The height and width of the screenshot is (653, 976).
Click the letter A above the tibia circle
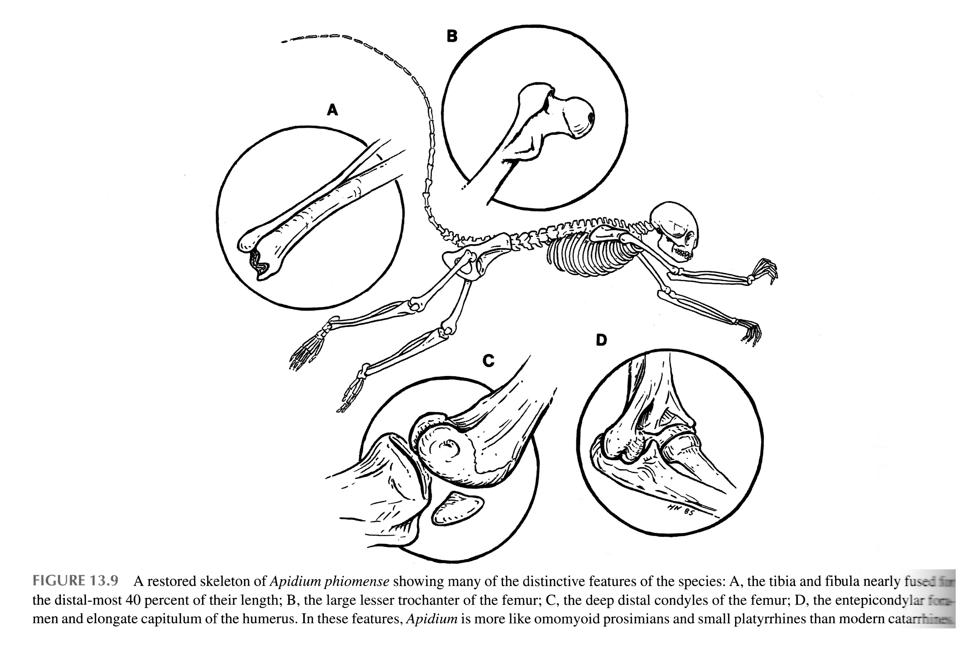click(x=332, y=110)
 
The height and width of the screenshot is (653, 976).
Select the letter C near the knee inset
click(x=488, y=361)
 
